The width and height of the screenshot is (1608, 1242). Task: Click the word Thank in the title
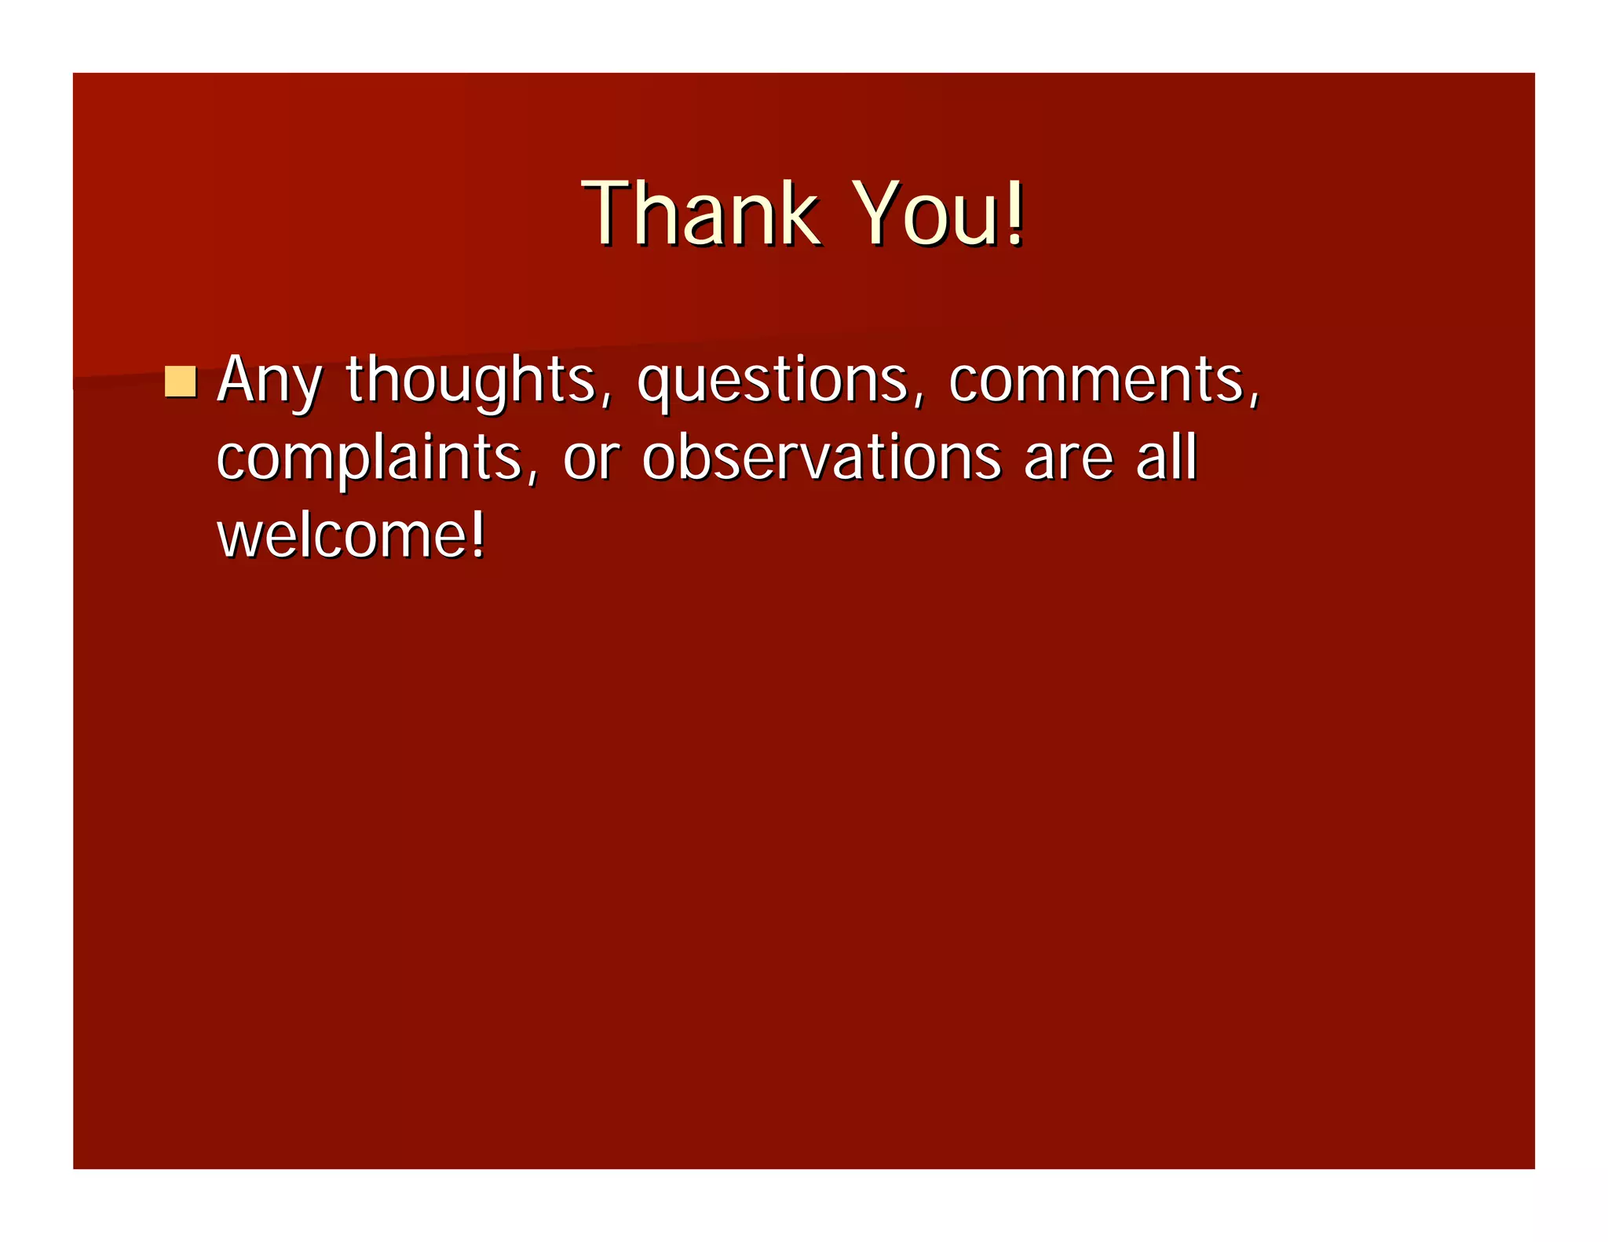pos(701,214)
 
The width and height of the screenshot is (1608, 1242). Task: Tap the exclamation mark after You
pos(1015,212)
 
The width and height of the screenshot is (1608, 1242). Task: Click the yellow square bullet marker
pos(181,382)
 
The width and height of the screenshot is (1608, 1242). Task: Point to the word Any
pos(269,382)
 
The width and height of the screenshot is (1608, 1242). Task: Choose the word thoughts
pos(471,380)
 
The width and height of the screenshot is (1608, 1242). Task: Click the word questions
pos(773,382)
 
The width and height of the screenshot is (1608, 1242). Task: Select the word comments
pos(1096,380)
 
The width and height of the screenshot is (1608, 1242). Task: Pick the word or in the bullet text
pos(591,458)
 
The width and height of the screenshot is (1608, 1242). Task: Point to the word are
pos(1069,458)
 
